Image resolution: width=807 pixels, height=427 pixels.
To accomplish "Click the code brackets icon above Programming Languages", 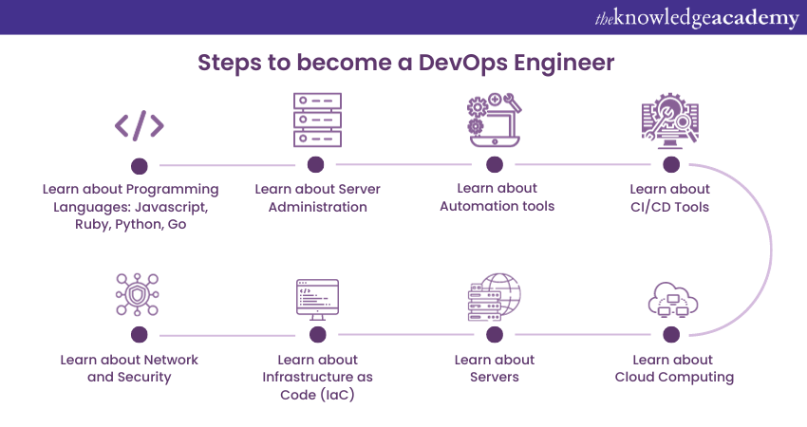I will click(139, 124).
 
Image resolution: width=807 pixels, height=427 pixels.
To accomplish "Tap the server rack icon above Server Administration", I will click(316, 119).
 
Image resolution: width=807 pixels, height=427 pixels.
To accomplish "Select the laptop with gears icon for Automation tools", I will click(494, 121).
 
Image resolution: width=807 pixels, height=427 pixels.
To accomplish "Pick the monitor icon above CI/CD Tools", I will click(670, 121).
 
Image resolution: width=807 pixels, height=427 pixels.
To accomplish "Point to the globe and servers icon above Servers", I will click(495, 297).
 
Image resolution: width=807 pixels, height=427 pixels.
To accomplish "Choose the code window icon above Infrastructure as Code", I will click(317, 300).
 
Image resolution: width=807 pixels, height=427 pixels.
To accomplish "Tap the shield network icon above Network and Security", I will click(139, 297).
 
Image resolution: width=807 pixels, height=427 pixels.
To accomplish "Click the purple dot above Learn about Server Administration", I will click(316, 164).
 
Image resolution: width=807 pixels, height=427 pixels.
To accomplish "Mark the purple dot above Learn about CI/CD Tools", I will click(671, 164).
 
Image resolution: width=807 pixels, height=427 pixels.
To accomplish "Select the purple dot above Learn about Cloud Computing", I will click(671, 335).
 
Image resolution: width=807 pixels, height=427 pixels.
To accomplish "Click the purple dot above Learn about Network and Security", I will click(139, 335).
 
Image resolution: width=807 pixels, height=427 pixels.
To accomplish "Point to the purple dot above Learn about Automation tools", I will click(494, 164).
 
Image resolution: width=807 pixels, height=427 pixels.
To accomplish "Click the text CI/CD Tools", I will click(670, 207).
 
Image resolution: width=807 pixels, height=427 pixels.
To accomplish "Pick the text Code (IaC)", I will click(317, 394).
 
